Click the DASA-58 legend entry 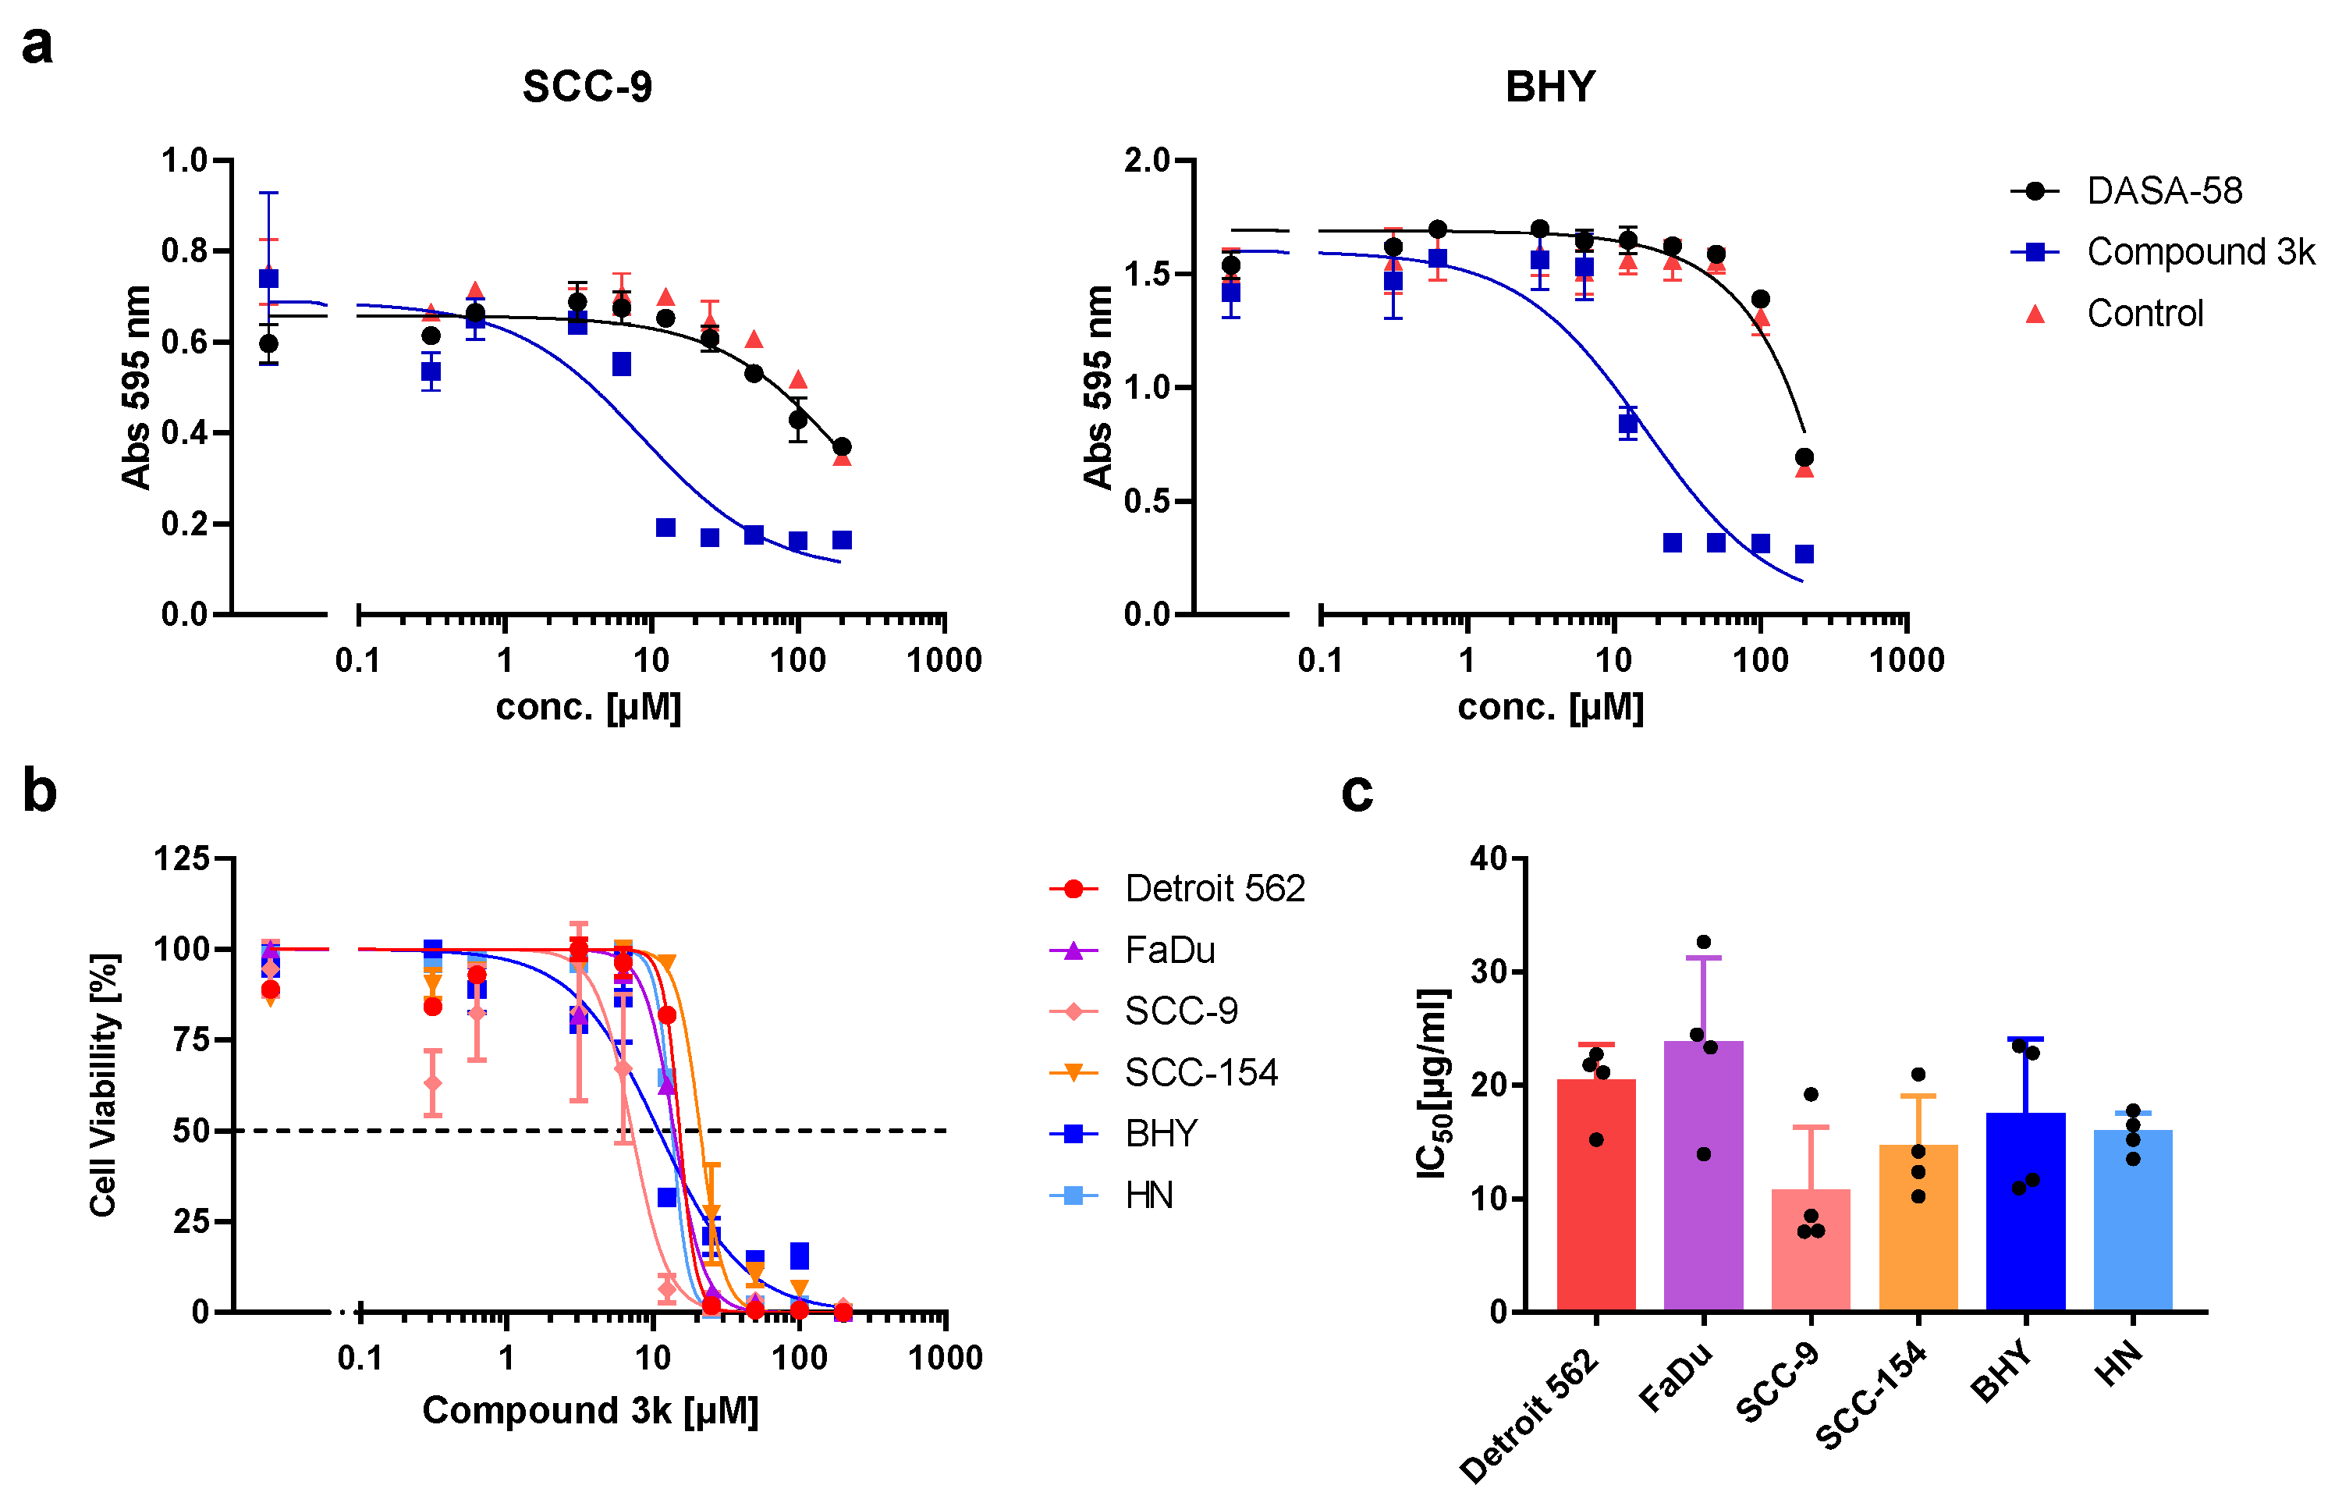point(2163,190)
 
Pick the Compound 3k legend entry point(2198,252)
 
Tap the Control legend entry point(2144,314)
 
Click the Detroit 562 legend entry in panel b point(1214,888)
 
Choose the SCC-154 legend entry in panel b point(1200,1073)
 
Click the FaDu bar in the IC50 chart point(1703,1177)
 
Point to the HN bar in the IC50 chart point(2132,1220)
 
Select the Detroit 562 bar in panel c point(1596,1196)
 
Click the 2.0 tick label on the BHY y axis point(1147,160)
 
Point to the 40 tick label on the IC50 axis point(1488,859)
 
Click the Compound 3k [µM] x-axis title point(590,1410)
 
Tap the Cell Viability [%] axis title point(103,1085)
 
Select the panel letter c point(1357,792)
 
